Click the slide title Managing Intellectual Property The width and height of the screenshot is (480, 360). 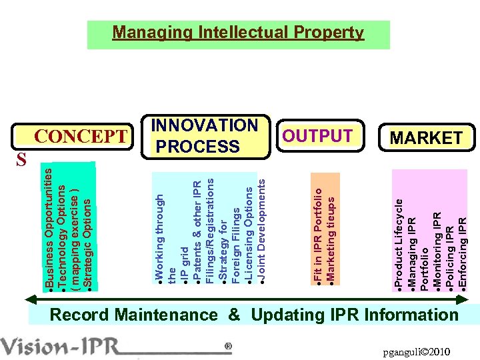click(238, 33)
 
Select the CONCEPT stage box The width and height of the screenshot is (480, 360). click(80, 137)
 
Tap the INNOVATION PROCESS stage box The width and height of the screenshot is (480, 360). click(205, 136)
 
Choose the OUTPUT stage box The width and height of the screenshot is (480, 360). click(318, 136)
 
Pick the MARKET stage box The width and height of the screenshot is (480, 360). click(426, 138)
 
